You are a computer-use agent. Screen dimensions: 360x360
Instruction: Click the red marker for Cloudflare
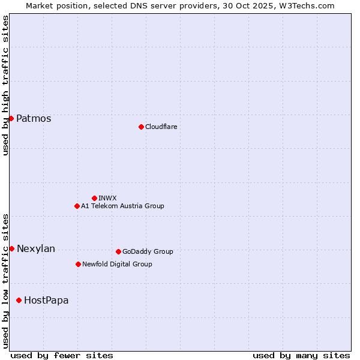(141, 127)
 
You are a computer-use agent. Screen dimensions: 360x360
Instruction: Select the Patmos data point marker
(11, 118)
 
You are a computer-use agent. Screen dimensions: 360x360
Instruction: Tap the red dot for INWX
(94, 198)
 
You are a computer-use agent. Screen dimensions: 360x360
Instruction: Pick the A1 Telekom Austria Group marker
(77, 206)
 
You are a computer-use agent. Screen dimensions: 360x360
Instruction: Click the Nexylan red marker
(11, 248)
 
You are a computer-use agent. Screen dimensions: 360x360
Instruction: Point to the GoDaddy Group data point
(118, 251)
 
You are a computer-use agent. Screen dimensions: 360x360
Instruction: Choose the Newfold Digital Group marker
(78, 264)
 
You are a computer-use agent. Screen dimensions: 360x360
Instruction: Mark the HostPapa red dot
(19, 300)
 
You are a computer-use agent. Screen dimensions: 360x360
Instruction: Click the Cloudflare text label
(161, 127)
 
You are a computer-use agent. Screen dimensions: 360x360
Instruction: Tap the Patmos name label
(34, 118)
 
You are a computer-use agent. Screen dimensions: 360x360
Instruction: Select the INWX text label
(107, 198)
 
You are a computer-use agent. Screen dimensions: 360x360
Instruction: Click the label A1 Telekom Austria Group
(122, 206)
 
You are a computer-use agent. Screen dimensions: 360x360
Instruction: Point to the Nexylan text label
(36, 248)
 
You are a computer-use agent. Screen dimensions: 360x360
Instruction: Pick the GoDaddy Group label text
(148, 251)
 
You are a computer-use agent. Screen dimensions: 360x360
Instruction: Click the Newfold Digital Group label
(117, 264)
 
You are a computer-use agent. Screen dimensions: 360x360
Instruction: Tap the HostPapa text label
(46, 300)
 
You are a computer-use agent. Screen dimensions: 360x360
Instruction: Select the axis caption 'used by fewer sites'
(62, 355)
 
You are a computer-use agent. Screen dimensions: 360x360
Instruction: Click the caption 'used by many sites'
(301, 355)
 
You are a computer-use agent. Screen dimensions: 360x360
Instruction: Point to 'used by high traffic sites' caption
(5, 85)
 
